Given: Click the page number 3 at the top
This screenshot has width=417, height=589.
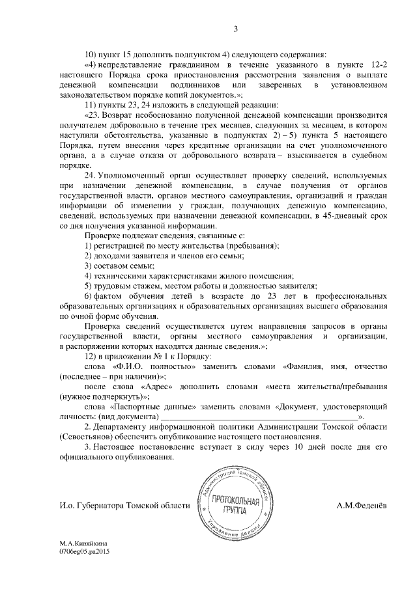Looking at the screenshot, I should click(236, 28).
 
